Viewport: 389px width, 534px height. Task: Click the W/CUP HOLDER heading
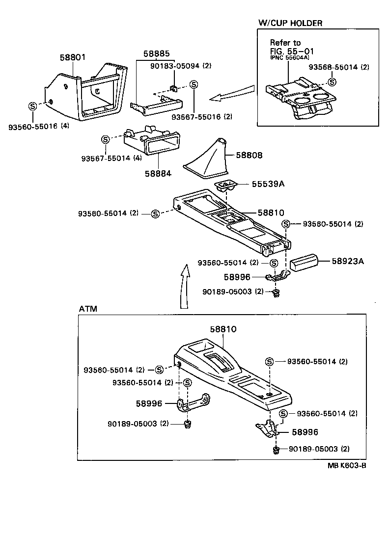[x=290, y=23]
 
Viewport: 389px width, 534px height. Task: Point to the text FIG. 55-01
[x=292, y=51]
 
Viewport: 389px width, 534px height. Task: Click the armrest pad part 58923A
[x=305, y=263]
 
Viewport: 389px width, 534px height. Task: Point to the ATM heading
[x=88, y=309]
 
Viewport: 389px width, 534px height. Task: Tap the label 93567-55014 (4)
[x=111, y=158]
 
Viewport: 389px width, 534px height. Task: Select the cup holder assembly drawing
[x=300, y=99]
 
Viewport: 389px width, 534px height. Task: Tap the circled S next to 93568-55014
[x=333, y=82]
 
